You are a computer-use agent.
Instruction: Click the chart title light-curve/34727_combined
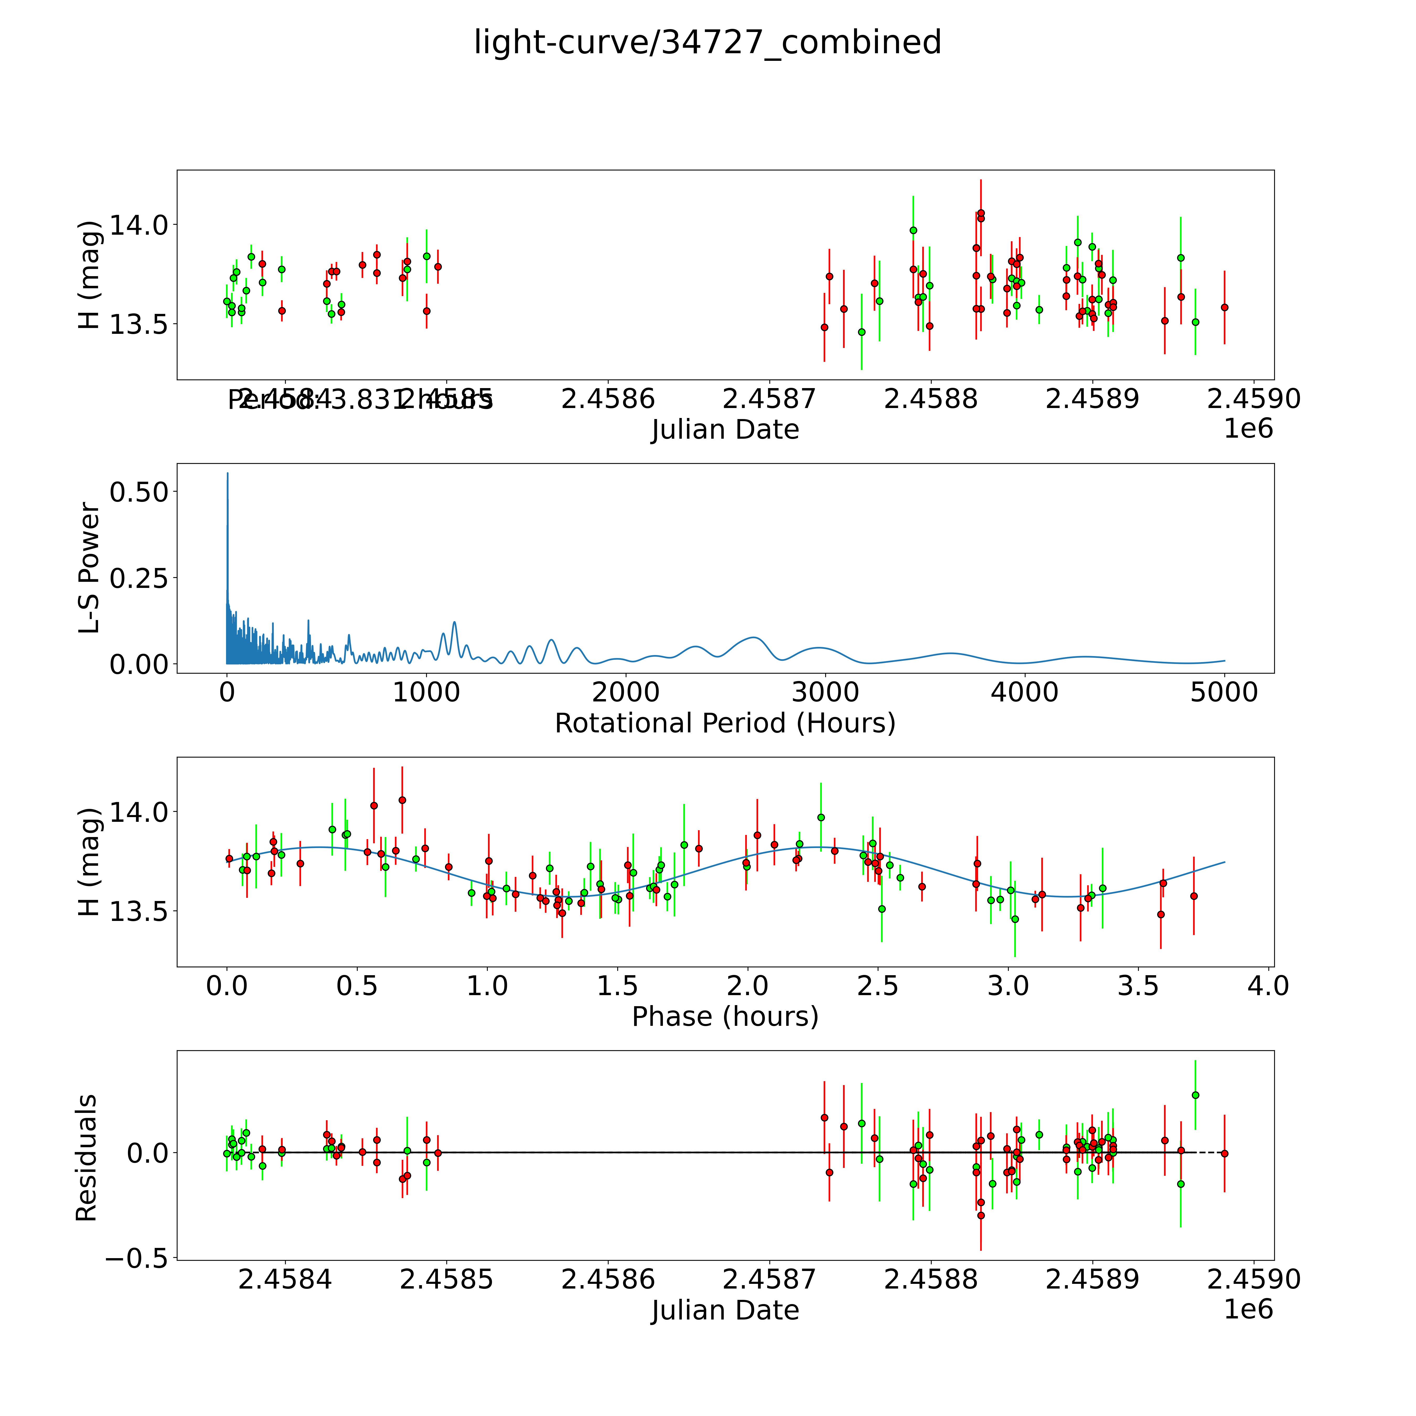point(707,42)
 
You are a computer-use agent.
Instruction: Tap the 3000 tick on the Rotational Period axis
point(825,692)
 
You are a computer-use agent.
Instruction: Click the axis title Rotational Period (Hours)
point(725,723)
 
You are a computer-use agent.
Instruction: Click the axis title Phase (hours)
point(725,1017)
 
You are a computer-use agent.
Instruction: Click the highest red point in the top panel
point(981,213)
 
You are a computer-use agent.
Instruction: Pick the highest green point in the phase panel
point(821,817)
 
